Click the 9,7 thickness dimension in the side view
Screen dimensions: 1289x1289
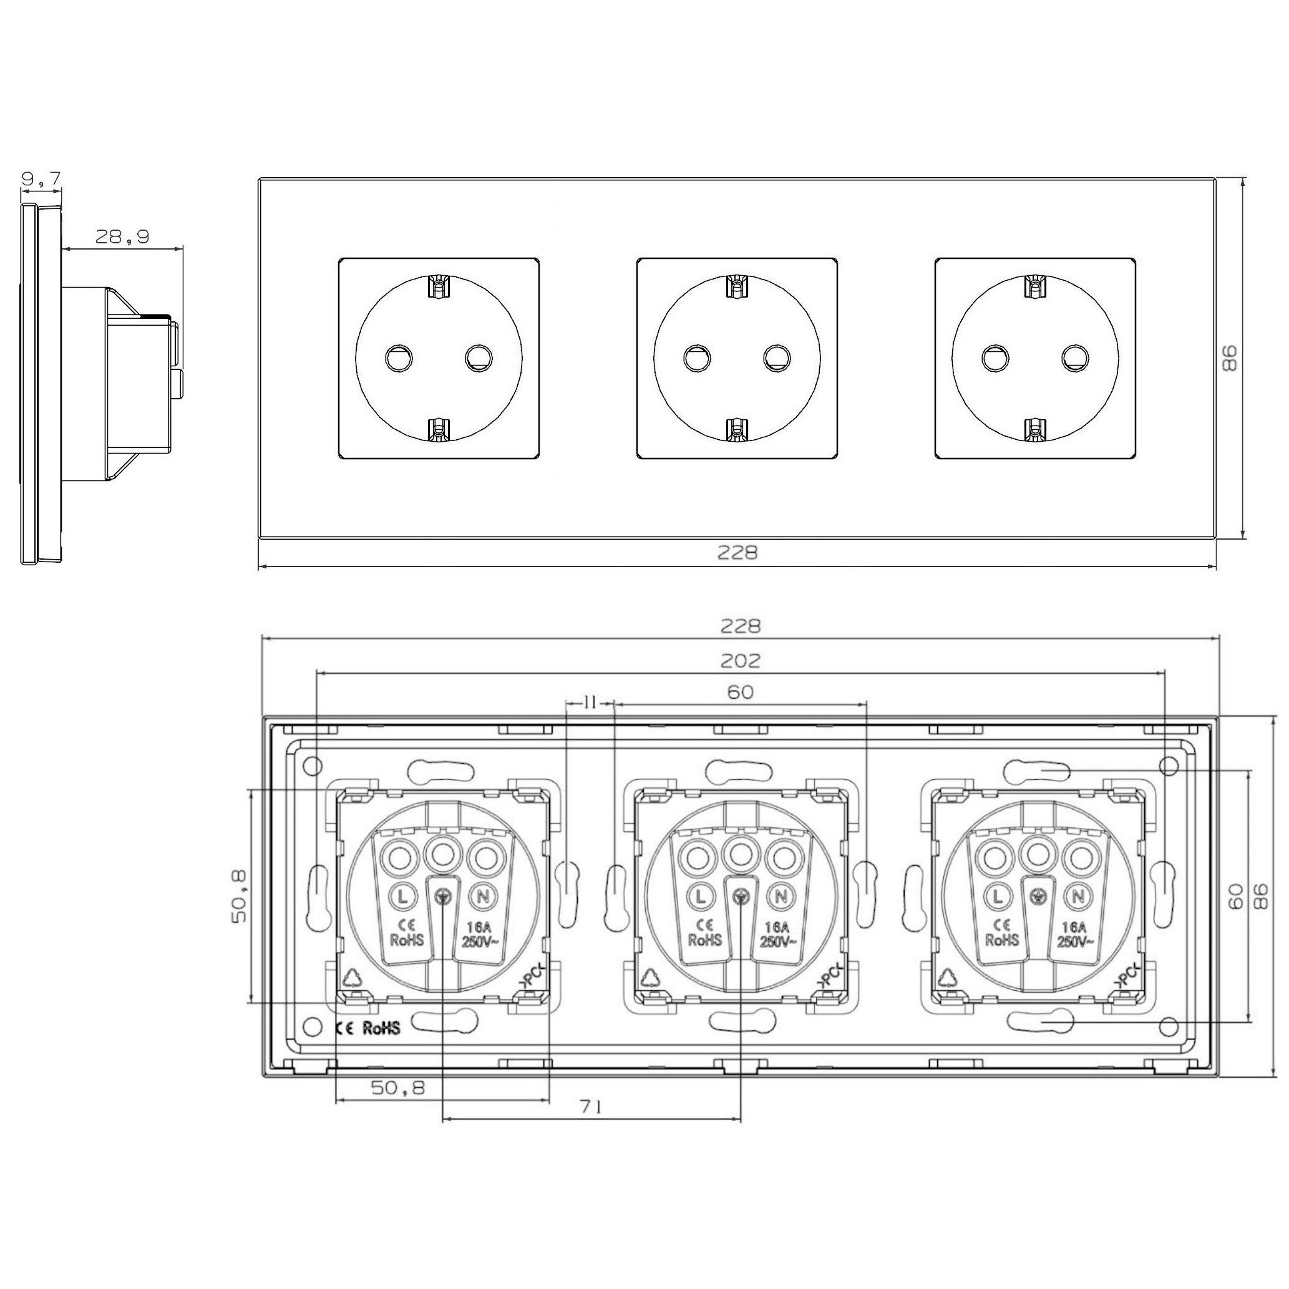[x=41, y=178]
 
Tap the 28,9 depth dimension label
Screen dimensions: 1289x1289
[x=122, y=237]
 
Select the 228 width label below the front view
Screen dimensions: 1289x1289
[x=737, y=552]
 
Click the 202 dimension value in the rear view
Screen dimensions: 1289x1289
[x=741, y=661]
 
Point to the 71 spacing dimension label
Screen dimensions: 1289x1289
[x=591, y=1107]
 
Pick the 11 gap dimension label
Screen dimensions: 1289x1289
[x=590, y=703]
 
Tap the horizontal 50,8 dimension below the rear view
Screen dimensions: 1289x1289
[x=397, y=1087]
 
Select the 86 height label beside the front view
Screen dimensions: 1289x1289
[x=1229, y=358]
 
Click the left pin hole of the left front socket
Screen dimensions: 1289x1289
[x=398, y=358]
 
